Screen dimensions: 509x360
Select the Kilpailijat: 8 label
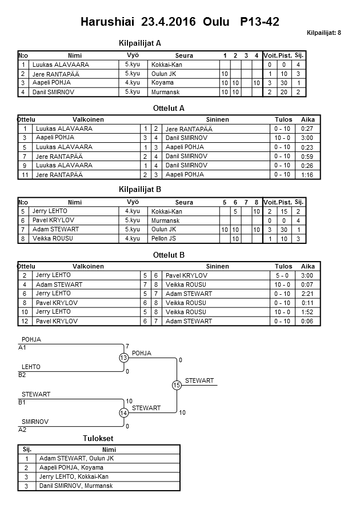pos(324,33)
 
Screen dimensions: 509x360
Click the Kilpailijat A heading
pos(140,43)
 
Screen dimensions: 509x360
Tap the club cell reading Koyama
pos(162,83)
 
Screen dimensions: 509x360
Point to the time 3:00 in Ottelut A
pos(307,138)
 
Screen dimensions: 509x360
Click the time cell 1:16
pos(307,174)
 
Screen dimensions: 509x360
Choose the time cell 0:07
pos(307,284)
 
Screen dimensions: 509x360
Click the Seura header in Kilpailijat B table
pos(184,202)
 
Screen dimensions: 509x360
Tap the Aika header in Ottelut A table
pos(307,119)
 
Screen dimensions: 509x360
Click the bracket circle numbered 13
pos(123,358)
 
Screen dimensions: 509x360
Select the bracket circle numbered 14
pos(123,412)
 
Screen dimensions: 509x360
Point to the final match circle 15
pos(177,386)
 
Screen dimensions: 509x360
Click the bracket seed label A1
pos(23,348)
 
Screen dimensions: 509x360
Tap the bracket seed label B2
pos(23,375)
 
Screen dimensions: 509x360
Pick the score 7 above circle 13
pos(127,346)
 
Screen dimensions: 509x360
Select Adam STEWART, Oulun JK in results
pos(77,458)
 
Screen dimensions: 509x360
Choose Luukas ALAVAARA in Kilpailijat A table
pos(61,65)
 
